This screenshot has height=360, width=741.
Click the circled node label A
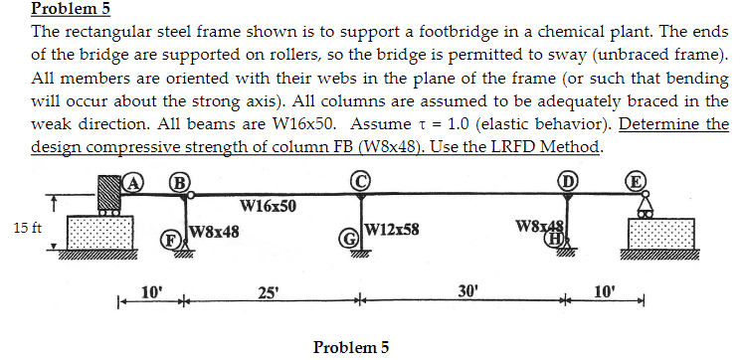(x=132, y=182)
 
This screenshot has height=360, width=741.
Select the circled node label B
(x=179, y=182)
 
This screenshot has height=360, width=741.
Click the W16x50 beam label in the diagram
(x=268, y=207)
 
